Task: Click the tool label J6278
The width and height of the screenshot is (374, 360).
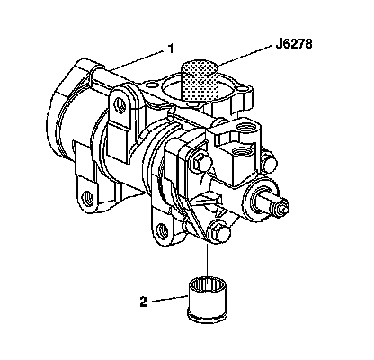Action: click(x=294, y=44)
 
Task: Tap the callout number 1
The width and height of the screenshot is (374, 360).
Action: click(x=171, y=49)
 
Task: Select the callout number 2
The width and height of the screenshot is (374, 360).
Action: click(x=144, y=301)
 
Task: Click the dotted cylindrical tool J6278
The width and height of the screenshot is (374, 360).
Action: click(x=200, y=81)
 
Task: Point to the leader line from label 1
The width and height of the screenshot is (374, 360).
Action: click(x=134, y=61)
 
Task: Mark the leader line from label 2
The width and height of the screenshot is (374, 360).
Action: click(x=169, y=299)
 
